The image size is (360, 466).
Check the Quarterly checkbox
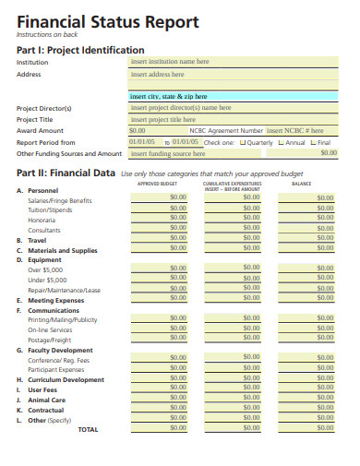(x=243, y=142)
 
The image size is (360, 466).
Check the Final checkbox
(x=314, y=142)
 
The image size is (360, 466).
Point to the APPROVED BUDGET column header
(x=156, y=184)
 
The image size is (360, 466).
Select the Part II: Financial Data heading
(x=66, y=173)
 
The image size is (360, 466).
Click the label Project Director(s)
(x=44, y=108)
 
